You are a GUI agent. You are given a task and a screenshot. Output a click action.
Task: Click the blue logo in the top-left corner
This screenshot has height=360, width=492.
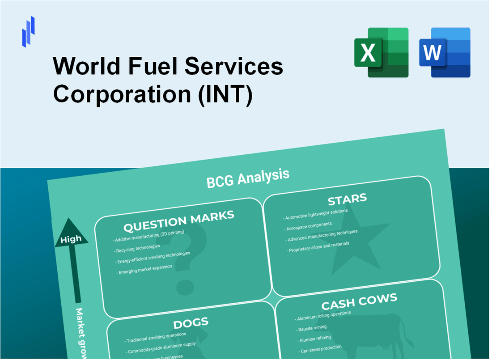click(x=28, y=31)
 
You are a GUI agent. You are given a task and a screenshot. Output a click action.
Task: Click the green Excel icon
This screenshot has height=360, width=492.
click(x=381, y=52)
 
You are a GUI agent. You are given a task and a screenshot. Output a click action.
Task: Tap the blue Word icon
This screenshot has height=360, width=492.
click(x=445, y=52)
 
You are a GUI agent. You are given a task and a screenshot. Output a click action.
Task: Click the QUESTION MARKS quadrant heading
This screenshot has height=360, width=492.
click(x=178, y=221)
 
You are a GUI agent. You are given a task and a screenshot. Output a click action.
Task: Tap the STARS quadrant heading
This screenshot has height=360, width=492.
click(x=347, y=199)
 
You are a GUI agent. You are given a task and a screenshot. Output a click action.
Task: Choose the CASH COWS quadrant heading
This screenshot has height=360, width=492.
click(x=359, y=302)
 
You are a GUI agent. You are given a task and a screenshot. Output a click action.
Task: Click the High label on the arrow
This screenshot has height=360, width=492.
click(x=71, y=239)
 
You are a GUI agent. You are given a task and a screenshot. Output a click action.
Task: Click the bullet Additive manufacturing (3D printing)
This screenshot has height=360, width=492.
click(x=148, y=236)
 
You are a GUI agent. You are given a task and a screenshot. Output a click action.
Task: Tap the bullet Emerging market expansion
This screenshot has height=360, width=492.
click(x=145, y=270)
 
